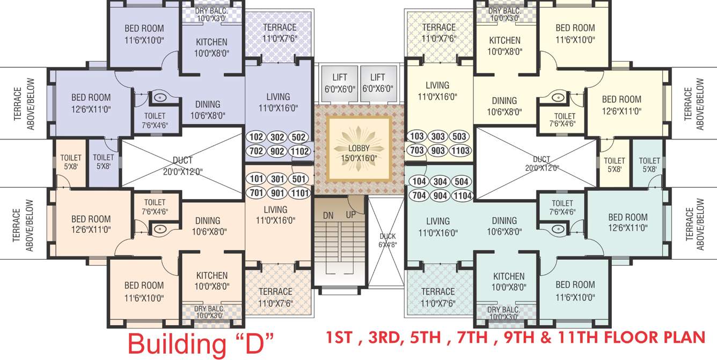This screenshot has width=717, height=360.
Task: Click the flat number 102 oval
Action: pyautogui.click(x=257, y=137)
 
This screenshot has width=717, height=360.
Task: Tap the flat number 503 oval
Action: pyautogui.click(x=459, y=136)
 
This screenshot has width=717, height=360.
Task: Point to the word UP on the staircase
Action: pyautogui.click(x=351, y=215)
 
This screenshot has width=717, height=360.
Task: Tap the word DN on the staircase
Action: pyautogui.click(x=328, y=215)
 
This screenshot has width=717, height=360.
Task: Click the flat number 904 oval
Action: pyautogui.click(x=441, y=196)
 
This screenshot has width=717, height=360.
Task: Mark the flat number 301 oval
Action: pyautogui.click(x=277, y=179)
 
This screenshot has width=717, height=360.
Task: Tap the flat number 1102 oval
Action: pyautogui.click(x=300, y=151)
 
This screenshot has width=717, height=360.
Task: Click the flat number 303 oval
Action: pyautogui.click(x=438, y=136)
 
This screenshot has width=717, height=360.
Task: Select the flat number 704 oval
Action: pyautogui.click(x=419, y=196)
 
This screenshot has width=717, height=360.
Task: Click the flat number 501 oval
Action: pyautogui.click(x=299, y=179)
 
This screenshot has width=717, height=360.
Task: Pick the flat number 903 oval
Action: pyautogui.click(x=438, y=151)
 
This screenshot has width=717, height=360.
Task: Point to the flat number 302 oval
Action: pyautogui.click(x=277, y=137)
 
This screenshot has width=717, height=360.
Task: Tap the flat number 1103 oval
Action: pyautogui.click(x=460, y=151)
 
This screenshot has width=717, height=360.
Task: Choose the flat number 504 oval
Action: pyautogui.click(x=462, y=181)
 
